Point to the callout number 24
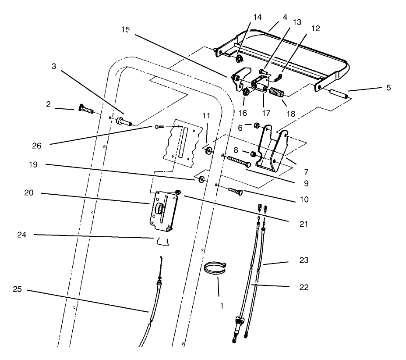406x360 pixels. pos(22,235)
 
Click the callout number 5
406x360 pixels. pos(388,88)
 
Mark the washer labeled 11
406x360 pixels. pos(208,151)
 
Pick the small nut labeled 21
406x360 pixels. pos(178,192)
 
